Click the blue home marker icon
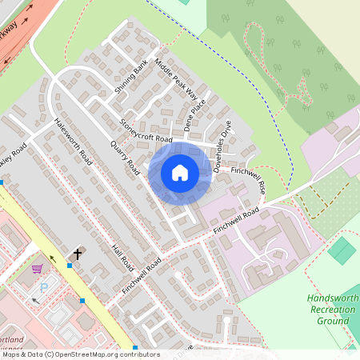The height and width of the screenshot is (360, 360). click(x=180, y=172)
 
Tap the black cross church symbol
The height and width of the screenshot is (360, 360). click(x=78, y=254)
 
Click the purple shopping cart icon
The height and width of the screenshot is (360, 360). click(x=37, y=269)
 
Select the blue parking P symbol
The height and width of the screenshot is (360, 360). click(x=44, y=286)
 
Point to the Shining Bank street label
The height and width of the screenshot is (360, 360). click(x=131, y=78)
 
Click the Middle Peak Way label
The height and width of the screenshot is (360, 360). click(x=175, y=79)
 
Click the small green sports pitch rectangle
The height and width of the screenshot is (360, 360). click(x=342, y=250)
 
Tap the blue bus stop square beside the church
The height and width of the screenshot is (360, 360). click(x=70, y=265)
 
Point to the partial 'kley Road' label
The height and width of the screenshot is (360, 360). click(x=14, y=152)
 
